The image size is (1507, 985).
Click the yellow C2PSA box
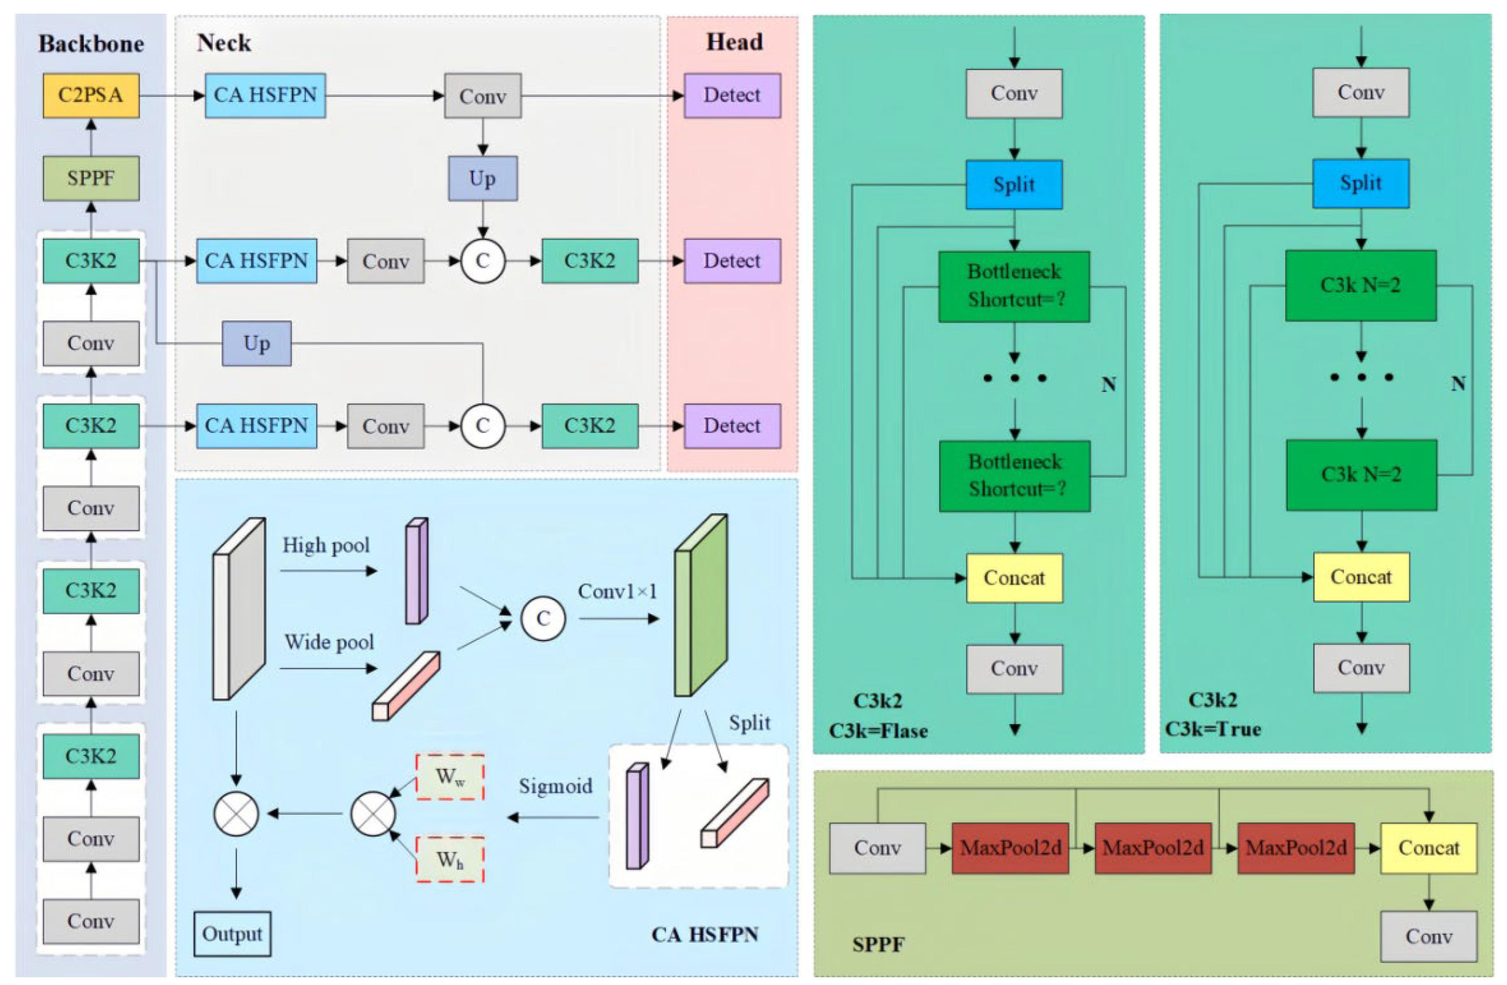(91, 96)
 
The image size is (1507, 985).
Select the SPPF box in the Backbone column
(91, 179)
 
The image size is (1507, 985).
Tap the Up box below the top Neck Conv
(482, 179)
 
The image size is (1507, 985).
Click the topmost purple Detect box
(731, 96)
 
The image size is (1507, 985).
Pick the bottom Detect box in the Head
(731, 425)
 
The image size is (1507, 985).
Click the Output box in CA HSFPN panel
(232, 934)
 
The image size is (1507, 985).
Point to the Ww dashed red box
(450, 777)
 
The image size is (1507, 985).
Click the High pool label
(326, 545)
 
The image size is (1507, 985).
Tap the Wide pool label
(329, 642)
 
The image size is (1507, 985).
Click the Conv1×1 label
(617, 591)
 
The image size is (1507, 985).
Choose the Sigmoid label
(555, 786)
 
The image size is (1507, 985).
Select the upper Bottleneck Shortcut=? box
(1014, 286)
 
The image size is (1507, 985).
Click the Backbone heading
(91, 44)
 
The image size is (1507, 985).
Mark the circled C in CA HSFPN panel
(543, 618)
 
